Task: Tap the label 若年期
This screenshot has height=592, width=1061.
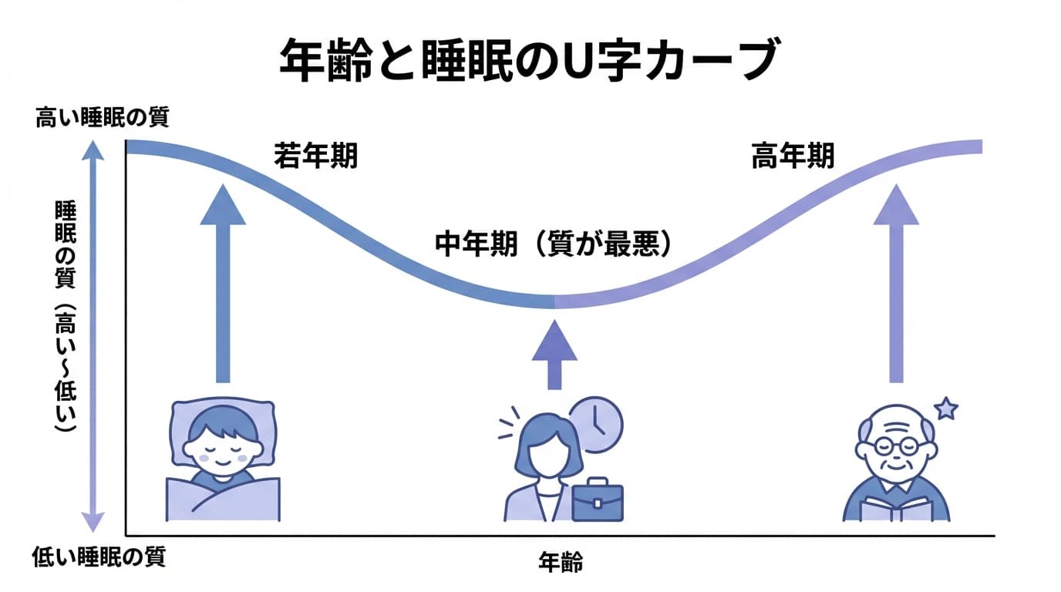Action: click(315, 157)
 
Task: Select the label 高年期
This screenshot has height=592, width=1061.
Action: click(793, 157)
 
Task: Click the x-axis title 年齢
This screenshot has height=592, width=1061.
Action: click(561, 563)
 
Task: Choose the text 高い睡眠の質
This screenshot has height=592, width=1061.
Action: click(102, 119)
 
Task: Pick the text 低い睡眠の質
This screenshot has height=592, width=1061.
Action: click(99, 557)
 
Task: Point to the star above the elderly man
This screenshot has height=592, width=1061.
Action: click(945, 409)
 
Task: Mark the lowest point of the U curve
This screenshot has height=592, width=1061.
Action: click(554, 301)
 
